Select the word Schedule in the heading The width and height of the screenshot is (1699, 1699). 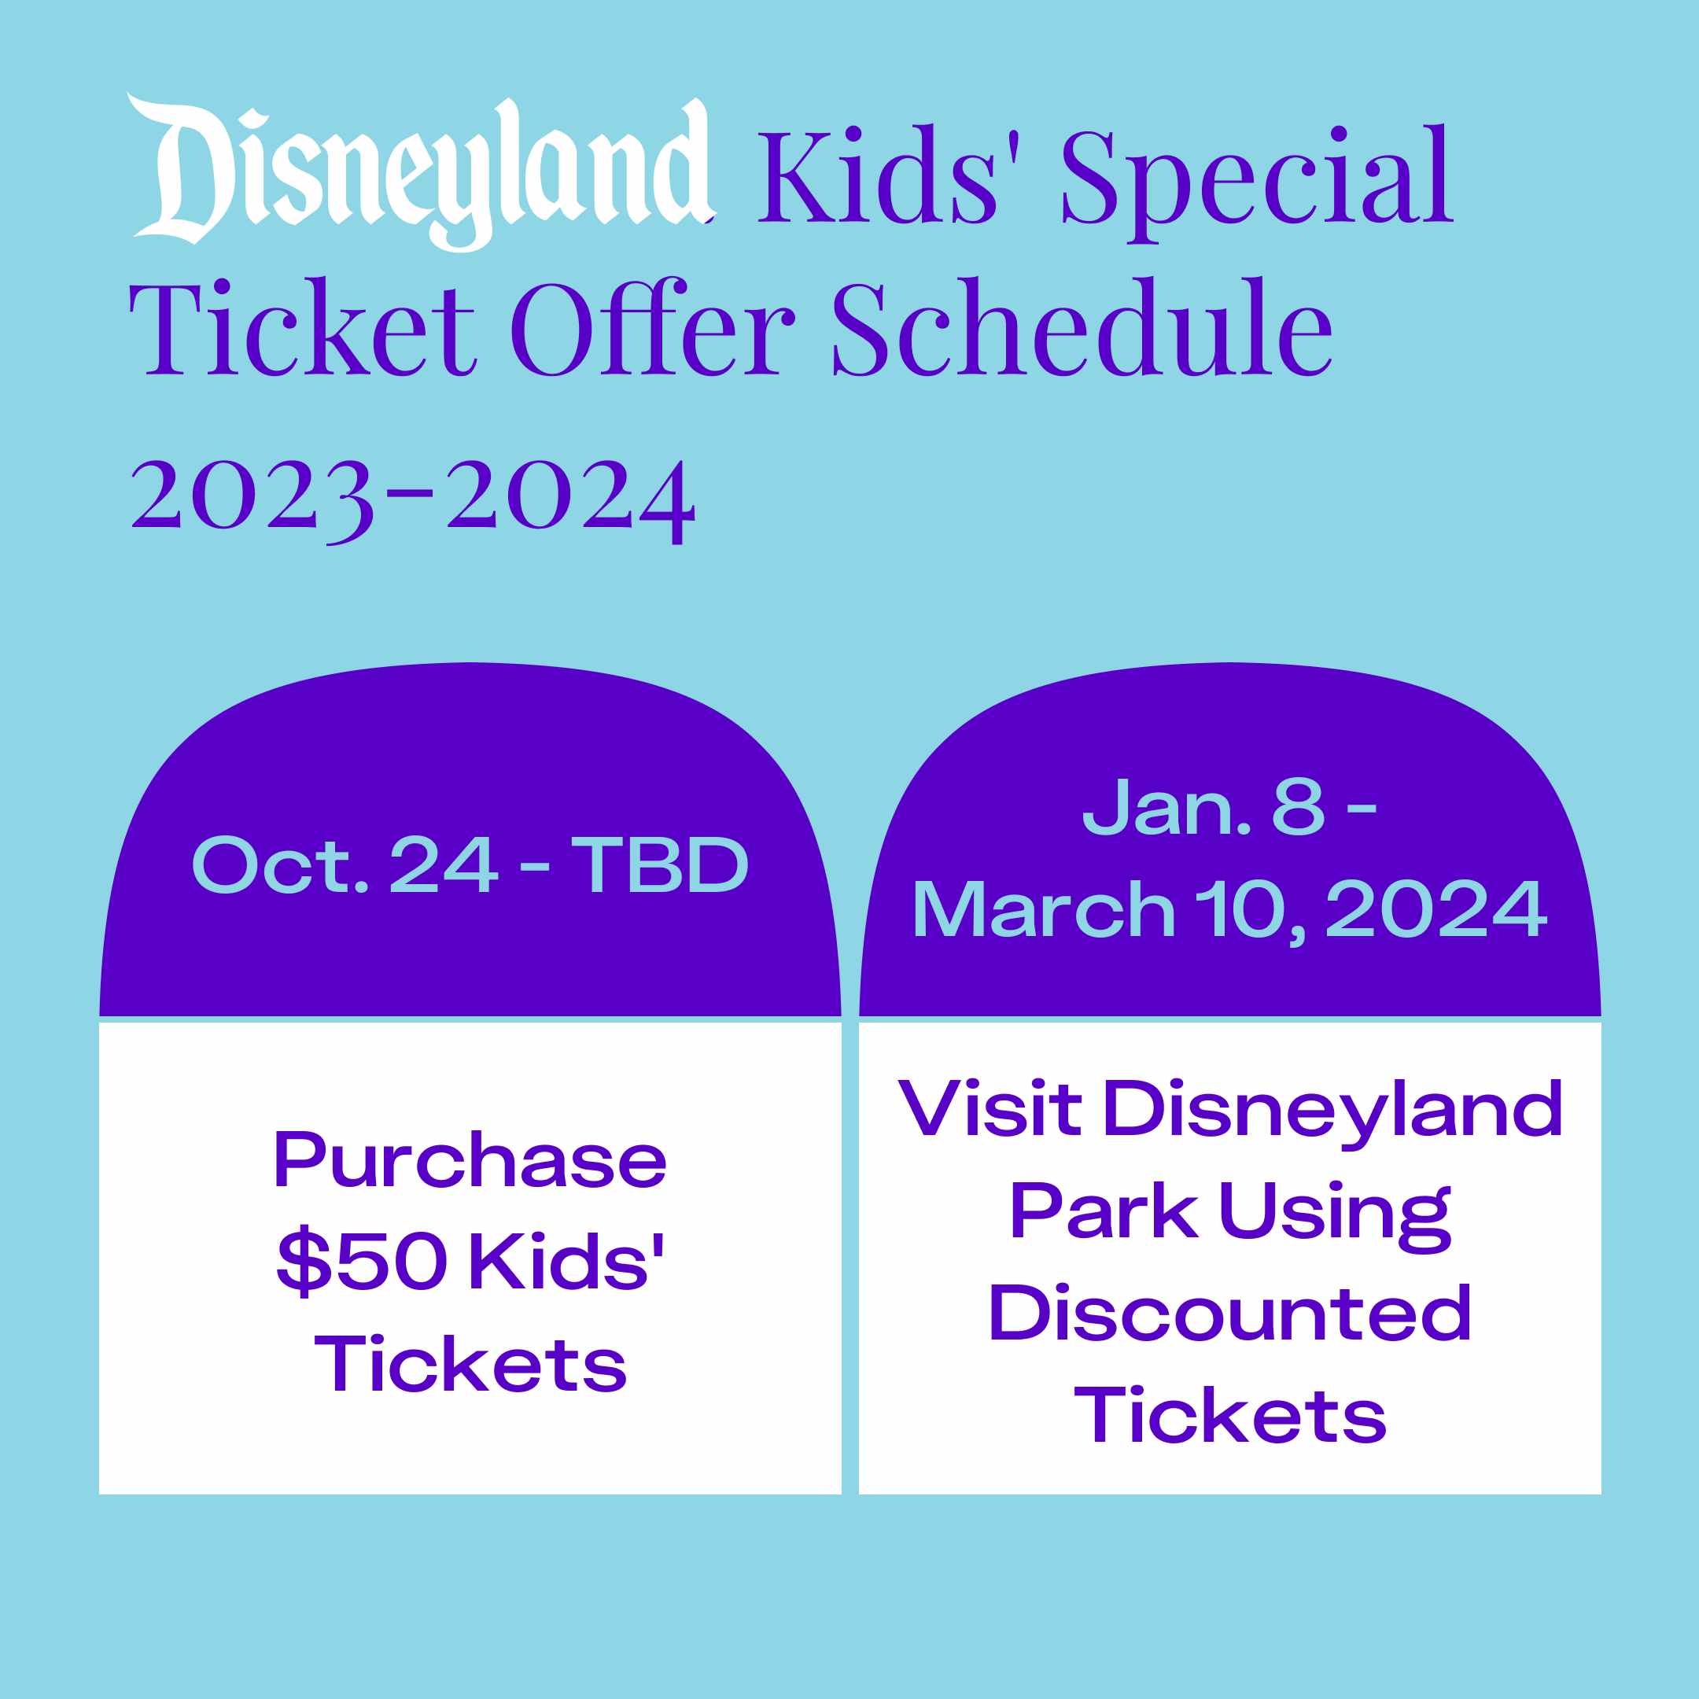(x=1082, y=327)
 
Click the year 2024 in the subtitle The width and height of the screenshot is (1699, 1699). (x=572, y=497)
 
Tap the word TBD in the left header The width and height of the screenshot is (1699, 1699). (x=660, y=864)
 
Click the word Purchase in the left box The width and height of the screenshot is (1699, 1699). (x=470, y=1161)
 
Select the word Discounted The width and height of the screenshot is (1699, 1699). (x=1229, y=1312)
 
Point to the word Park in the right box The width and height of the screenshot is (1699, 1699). (x=1103, y=1211)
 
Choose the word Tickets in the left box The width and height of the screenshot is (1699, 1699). (x=470, y=1364)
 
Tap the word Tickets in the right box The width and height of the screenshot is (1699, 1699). (x=1230, y=1415)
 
